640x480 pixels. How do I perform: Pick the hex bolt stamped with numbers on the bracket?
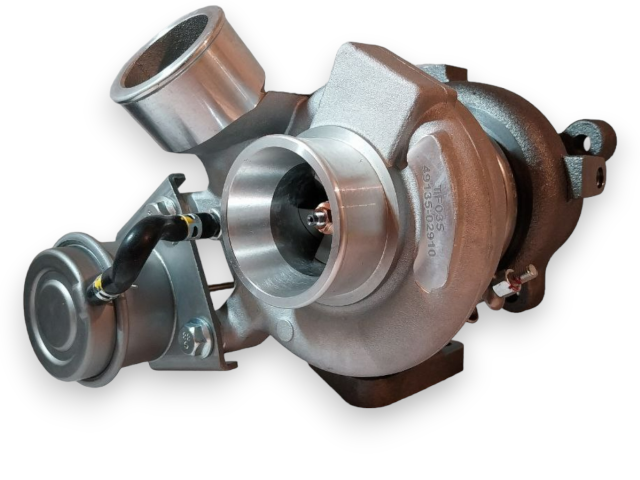(195, 338)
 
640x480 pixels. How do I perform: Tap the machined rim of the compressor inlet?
(235, 235)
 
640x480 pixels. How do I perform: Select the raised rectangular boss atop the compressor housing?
(372, 75)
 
